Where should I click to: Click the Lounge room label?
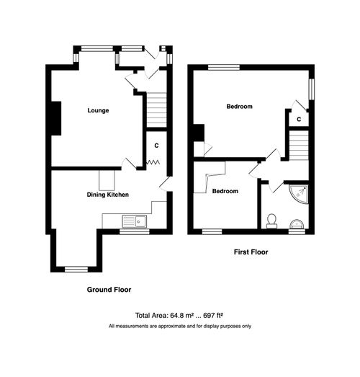tap(98, 110)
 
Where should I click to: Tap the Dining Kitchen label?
tap(108, 195)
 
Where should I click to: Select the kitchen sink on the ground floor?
tap(135, 221)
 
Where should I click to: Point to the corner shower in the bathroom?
tap(300, 193)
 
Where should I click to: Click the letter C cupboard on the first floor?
tap(298, 119)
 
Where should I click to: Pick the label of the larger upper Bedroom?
tap(239, 107)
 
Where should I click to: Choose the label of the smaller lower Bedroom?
tap(225, 191)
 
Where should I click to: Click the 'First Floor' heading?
tap(251, 252)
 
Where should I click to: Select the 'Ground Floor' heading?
tap(108, 289)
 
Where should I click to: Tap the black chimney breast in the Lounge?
tap(55, 118)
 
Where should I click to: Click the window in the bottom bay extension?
tap(75, 268)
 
